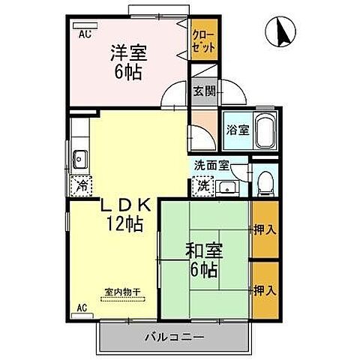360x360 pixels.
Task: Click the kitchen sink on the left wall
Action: tap(81, 159)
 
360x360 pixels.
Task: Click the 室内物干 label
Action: tap(124, 292)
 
